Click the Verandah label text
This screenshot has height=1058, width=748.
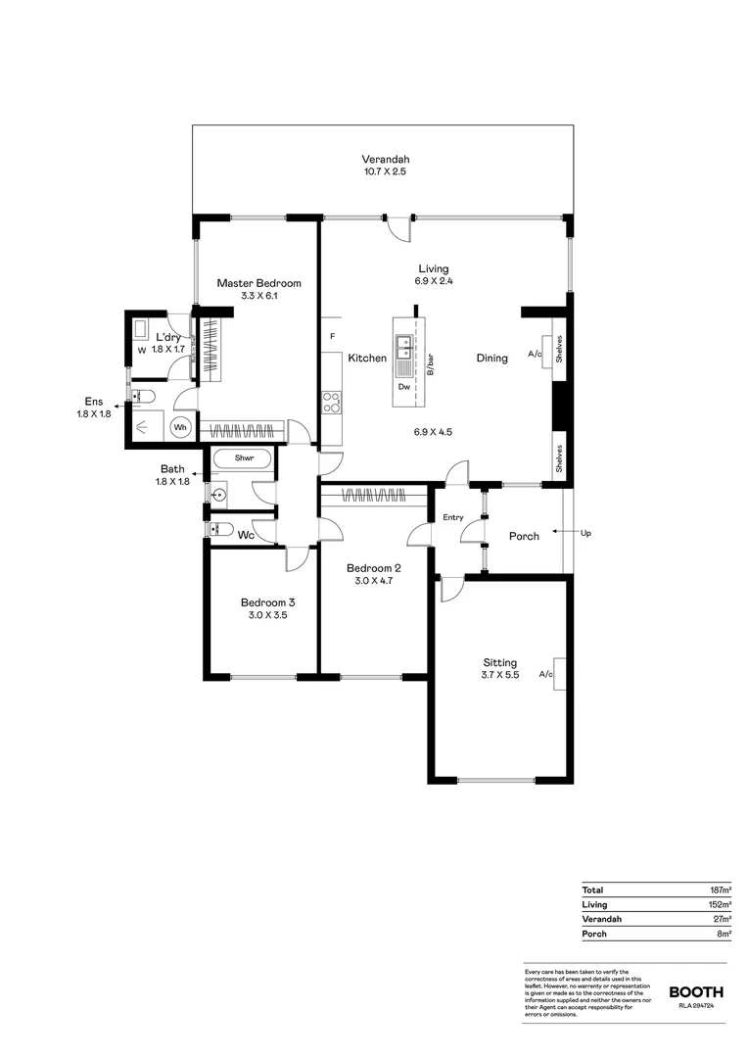click(x=385, y=160)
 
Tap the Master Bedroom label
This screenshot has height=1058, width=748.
click(x=259, y=283)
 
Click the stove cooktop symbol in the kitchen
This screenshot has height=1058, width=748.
click(x=332, y=402)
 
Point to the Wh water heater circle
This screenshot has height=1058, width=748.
click(x=181, y=427)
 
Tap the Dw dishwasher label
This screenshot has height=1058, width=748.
click(x=403, y=386)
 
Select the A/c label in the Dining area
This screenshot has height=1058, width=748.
click(x=535, y=355)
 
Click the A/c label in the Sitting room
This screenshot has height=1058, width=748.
click(x=546, y=674)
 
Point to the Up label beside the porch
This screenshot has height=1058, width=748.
click(x=586, y=533)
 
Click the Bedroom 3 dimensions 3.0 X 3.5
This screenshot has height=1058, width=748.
click(x=268, y=616)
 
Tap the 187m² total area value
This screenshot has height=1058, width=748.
click(x=721, y=890)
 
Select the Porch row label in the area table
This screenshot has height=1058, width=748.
click(x=594, y=934)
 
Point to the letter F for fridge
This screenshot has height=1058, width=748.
click(x=333, y=336)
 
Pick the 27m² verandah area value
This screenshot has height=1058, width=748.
click(x=723, y=919)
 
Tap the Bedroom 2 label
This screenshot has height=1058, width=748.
click(x=373, y=567)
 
